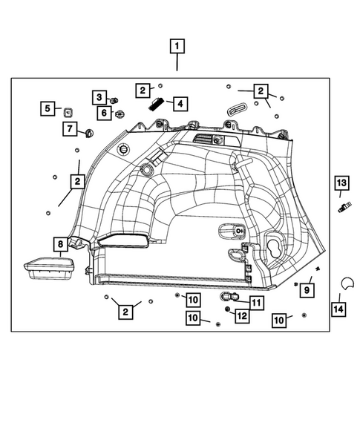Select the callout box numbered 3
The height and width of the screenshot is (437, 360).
tap(98, 96)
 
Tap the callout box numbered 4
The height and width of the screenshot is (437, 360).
tap(179, 104)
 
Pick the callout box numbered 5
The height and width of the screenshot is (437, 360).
tap(47, 109)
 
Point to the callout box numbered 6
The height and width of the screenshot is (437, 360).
tap(104, 113)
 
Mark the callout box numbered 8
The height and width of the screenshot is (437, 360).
tap(59, 243)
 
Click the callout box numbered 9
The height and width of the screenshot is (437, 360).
tap(307, 289)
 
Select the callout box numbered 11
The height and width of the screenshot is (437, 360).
tap(255, 302)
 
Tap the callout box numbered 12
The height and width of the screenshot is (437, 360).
tap(241, 316)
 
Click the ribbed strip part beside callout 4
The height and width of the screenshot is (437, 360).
tap(158, 104)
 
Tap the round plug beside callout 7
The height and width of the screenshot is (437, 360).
tap(89, 134)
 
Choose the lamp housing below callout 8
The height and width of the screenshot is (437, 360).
tap(50, 268)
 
